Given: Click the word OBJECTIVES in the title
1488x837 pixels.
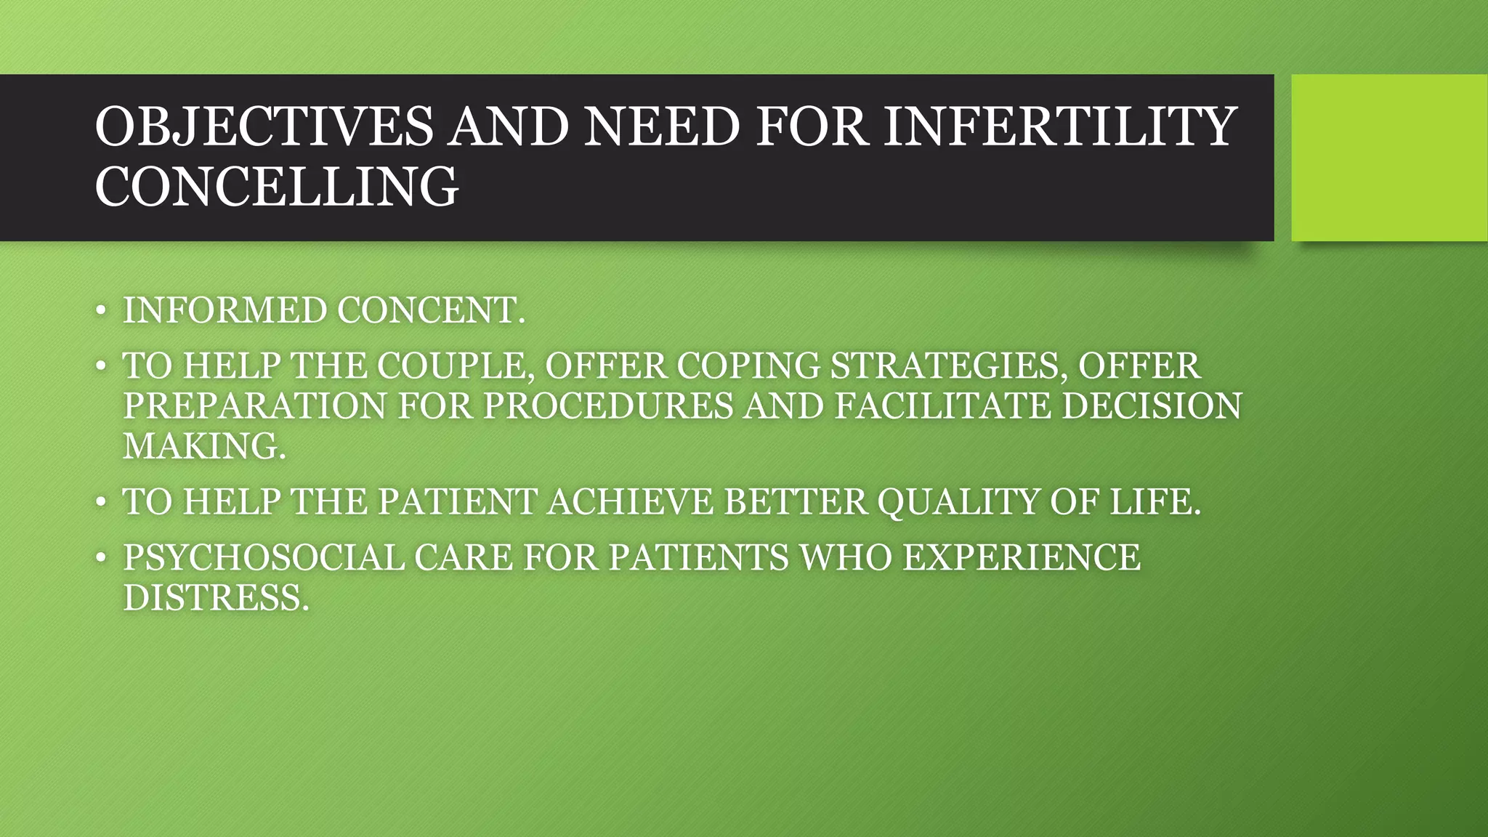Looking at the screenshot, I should click(x=264, y=126).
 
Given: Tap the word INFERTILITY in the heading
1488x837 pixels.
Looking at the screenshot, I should click(x=1060, y=126).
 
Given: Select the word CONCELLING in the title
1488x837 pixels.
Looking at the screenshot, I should click(x=276, y=187).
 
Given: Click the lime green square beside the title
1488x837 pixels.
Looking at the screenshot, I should click(x=1388, y=158).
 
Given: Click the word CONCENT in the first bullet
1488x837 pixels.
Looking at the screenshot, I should click(x=430, y=311).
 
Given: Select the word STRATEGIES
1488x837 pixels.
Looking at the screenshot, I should click(x=949, y=365).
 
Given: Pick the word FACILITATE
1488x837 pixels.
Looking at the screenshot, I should click(x=942, y=405).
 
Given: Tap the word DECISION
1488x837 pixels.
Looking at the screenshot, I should click(x=1152, y=405).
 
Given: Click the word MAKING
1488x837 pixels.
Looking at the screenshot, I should click(x=203, y=445).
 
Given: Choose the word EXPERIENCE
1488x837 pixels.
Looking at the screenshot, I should click(x=1021, y=557).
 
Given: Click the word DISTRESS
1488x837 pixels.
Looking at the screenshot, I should click(x=215, y=597).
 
